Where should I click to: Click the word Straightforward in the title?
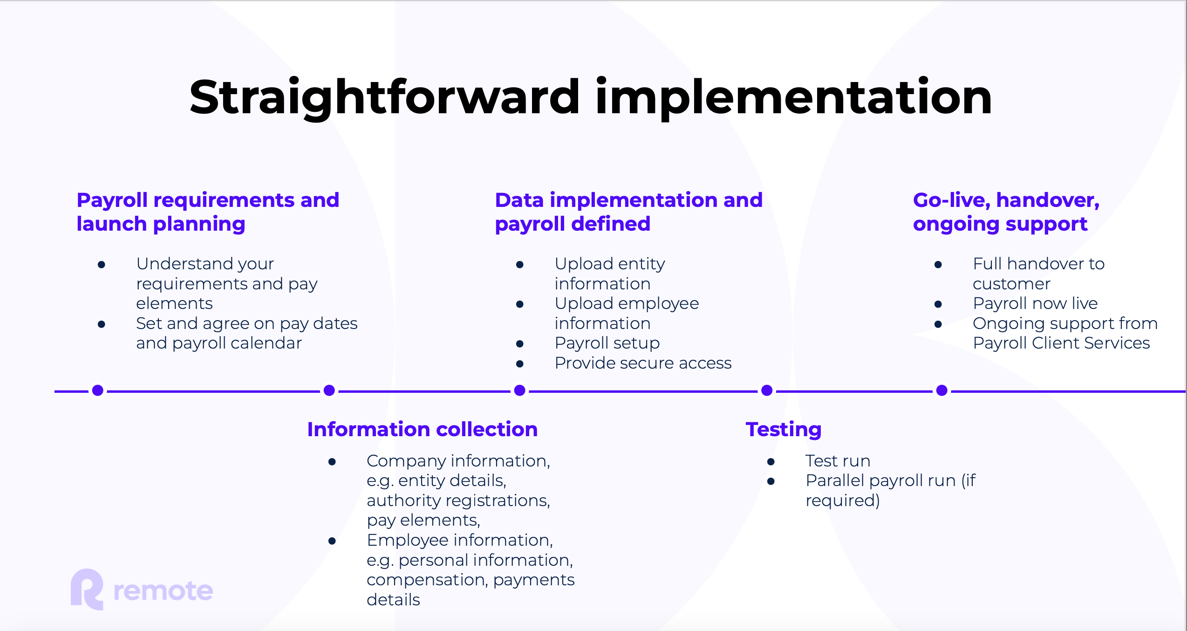tap(384, 98)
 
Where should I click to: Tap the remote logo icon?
tap(87, 590)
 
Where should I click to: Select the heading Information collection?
tap(423, 429)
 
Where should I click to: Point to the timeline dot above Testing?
tap(767, 391)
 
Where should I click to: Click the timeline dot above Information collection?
tap(329, 391)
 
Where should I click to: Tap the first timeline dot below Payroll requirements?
tap(98, 391)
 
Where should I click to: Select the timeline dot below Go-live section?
tap(942, 391)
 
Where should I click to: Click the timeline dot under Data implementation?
tap(520, 391)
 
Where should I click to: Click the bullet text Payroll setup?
tap(607, 343)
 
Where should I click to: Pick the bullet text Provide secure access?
tap(643, 363)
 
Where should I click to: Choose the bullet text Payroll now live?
tap(1035, 303)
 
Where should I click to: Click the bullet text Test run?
tap(838, 461)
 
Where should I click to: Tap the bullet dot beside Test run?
tap(771, 462)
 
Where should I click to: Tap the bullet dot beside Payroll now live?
tap(938, 304)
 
